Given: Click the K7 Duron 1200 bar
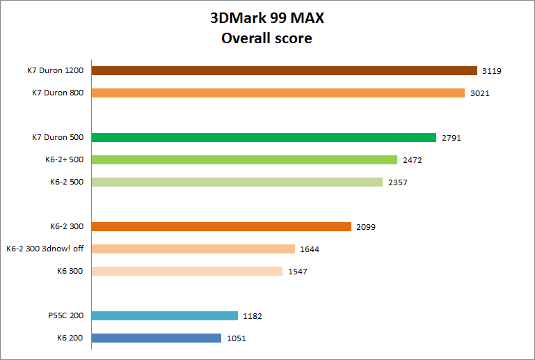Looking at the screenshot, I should [284, 70].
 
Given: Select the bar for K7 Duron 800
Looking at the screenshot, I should [278, 93].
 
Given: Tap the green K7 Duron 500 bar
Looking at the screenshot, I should [264, 137].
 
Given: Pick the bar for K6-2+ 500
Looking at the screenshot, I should [244, 159].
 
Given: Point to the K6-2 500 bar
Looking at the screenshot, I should [237, 182].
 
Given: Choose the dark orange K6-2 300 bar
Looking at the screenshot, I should [221, 226].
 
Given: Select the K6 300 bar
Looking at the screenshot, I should [186, 271].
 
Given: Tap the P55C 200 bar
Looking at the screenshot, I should [164, 315].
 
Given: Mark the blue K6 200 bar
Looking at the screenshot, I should [156, 338].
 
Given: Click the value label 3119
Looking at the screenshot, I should [491, 71].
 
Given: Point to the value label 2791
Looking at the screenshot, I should [451, 138].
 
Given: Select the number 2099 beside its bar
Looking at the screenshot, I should [366, 227].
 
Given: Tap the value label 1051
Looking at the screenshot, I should [236, 338].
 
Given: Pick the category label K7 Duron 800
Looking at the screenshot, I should [58, 93].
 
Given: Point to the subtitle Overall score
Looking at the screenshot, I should [266, 38].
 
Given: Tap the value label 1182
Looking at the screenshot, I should [253, 316].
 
